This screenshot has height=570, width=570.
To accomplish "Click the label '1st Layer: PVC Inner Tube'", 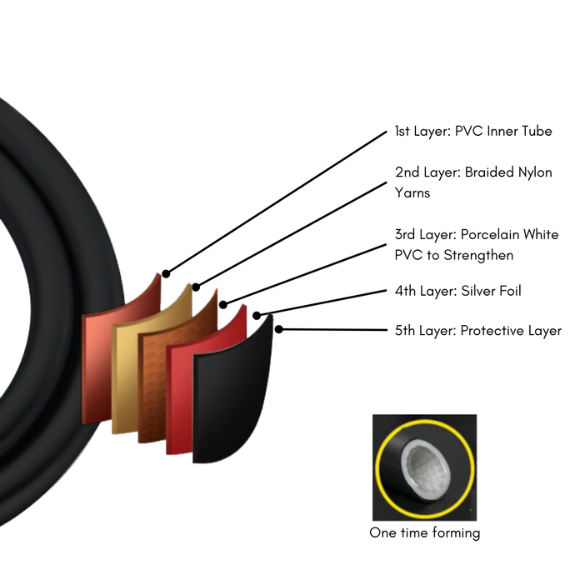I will click(x=472, y=132).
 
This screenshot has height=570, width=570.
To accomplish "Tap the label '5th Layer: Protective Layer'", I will click(x=477, y=331).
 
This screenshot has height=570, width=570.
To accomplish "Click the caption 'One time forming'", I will click(x=424, y=532).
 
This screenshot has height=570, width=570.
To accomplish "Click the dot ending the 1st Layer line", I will click(x=166, y=273).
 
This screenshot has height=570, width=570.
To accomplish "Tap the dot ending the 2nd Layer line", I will click(x=196, y=287).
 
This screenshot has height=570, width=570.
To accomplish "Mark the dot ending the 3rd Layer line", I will click(x=222, y=303).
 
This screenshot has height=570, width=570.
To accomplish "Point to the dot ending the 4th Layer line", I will click(x=257, y=316).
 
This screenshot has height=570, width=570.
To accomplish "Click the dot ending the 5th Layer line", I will click(x=279, y=329).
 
